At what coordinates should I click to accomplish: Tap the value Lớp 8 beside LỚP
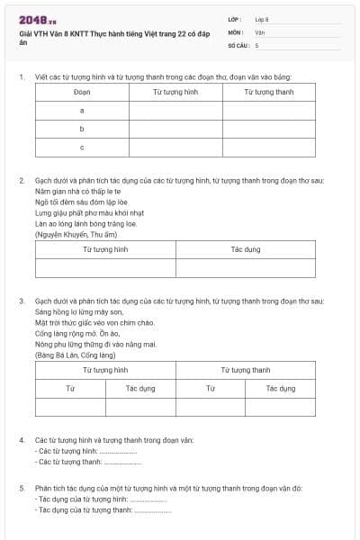pyautogui.click(x=262, y=19)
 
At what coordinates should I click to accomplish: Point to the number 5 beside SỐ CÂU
pyautogui.click(x=256, y=44)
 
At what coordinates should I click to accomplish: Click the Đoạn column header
pyautogui.click(x=82, y=92)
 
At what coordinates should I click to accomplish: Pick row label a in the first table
pyautogui.click(x=82, y=110)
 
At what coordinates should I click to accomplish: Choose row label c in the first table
pyautogui.click(x=82, y=147)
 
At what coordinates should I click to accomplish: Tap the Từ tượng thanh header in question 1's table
pyautogui.click(x=269, y=92)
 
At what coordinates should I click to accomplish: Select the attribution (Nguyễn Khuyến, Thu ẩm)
pyautogui.click(x=70, y=235)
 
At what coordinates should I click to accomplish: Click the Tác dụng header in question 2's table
pyautogui.click(x=245, y=249)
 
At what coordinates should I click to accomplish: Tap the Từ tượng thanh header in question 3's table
pyautogui.click(x=245, y=370)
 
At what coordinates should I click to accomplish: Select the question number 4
pyautogui.click(x=21, y=440)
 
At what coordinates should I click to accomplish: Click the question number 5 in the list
pyautogui.click(x=21, y=488)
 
